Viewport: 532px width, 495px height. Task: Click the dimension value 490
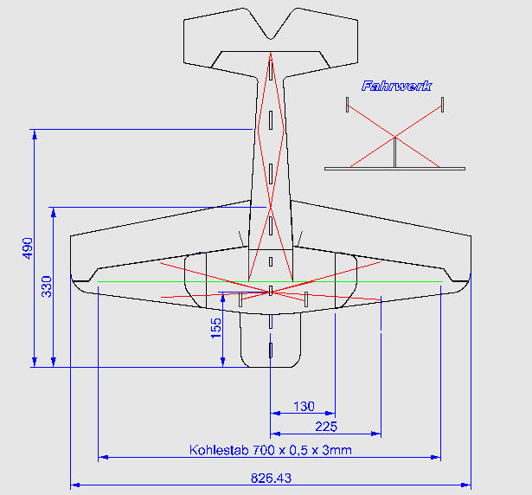tap(26, 247)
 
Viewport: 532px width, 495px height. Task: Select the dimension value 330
tap(47, 286)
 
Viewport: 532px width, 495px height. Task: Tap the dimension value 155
tap(216, 326)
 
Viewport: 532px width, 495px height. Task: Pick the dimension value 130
tap(304, 406)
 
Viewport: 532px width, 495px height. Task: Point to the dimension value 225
tap(325, 427)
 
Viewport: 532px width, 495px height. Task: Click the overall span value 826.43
tap(271, 477)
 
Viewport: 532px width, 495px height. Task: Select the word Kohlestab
tap(217, 450)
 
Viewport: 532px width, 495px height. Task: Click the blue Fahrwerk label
tap(397, 86)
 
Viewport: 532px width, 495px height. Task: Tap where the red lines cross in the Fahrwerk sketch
tap(394, 137)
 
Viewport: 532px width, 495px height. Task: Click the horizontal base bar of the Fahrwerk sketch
tap(394, 168)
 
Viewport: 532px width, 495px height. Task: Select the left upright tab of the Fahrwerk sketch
tap(347, 105)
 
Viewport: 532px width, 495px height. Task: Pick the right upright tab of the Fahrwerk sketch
tap(442, 105)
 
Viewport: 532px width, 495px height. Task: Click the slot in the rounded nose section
tap(271, 350)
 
